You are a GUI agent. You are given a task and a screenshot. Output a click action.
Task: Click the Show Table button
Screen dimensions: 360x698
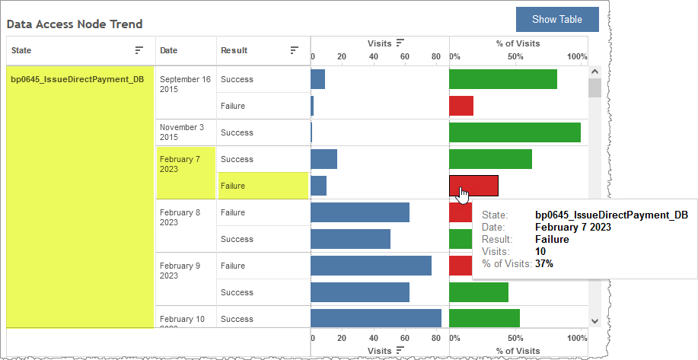click(557, 19)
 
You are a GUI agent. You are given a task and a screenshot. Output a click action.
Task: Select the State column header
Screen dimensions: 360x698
click(21, 50)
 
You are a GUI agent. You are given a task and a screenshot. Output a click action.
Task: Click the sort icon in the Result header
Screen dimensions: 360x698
click(295, 50)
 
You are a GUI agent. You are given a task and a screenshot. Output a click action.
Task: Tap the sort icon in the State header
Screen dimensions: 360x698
click(139, 50)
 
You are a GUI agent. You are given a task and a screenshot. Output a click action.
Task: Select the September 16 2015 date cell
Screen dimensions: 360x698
click(185, 84)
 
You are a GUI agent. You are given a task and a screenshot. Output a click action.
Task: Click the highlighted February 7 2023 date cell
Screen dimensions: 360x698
click(180, 164)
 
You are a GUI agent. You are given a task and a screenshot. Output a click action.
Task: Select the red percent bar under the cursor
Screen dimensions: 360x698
click(473, 185)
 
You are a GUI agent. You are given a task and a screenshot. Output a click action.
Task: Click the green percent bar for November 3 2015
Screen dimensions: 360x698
click(515, 132)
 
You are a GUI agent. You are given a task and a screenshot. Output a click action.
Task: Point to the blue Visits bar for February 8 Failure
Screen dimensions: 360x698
click(360, 212)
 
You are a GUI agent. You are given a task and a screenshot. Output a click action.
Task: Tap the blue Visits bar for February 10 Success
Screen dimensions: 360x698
click(376, 319)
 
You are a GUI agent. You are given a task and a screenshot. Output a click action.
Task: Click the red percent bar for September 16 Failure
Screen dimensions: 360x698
click(461, 106)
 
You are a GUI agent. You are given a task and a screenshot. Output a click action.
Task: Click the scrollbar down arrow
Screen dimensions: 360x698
click(594, 321)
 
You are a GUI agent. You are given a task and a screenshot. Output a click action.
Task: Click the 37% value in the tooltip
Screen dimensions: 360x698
click(544, 264)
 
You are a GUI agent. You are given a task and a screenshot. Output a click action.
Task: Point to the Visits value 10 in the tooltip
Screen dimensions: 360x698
click(540, 251)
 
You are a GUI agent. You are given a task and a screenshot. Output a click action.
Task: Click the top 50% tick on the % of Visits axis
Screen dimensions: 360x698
click(515, 57)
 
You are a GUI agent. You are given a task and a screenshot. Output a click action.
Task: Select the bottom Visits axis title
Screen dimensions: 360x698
click(380, 350)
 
